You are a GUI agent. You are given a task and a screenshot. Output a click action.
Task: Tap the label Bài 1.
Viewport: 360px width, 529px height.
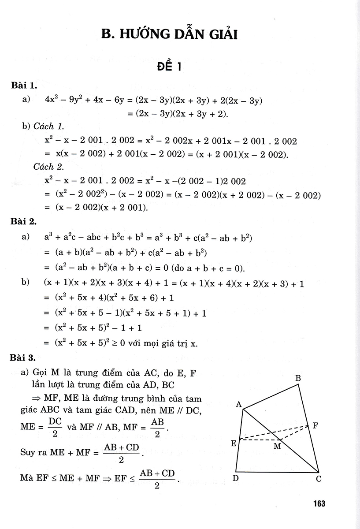click(26, 87)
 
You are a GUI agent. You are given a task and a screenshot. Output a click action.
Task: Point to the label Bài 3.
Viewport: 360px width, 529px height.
click(26, 359)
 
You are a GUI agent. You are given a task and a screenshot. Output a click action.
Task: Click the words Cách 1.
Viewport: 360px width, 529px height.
click(49, 127)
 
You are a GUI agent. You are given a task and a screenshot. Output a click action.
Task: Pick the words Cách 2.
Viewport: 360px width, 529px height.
click(49, 167)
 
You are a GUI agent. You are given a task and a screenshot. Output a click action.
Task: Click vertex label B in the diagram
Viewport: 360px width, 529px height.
click(298, 378)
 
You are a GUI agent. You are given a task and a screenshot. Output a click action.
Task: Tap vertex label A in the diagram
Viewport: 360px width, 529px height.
click(239, 405)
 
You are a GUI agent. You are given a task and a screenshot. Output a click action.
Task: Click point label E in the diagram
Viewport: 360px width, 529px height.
click(234, 443)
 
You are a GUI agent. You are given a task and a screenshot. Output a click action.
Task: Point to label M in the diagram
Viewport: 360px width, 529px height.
click(277, 446)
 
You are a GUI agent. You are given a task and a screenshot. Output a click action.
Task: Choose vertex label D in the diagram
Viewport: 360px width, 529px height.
click(236, 478)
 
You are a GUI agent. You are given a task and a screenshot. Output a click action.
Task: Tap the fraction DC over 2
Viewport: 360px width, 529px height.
click(55, 427)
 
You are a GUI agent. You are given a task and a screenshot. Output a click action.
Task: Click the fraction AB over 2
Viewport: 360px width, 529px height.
click(157, 427)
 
